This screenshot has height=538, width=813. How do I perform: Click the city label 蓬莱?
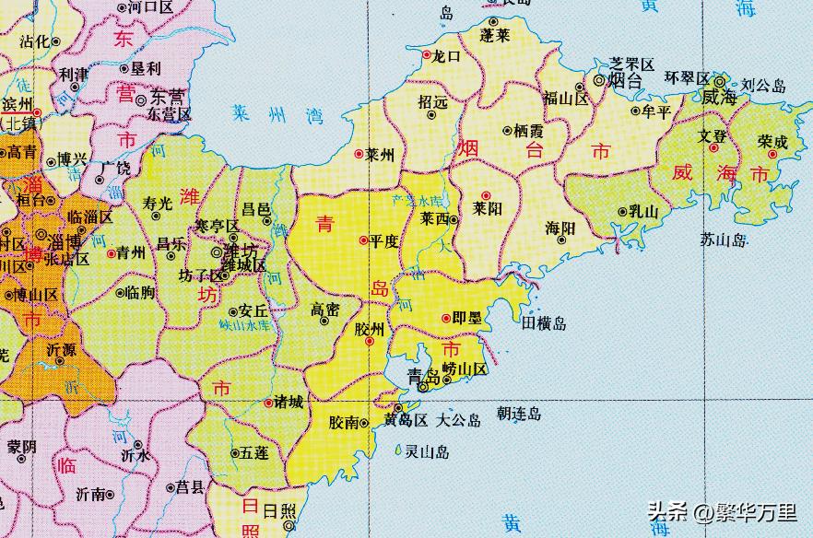click(x=495, y=34)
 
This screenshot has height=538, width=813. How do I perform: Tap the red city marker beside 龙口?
click(x=426, y=55)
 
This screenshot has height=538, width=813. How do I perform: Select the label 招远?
click(x=432, y=102)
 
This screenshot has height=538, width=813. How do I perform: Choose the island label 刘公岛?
click(x=765, y=86)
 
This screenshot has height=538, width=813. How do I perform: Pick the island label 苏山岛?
click(x=723, y=240)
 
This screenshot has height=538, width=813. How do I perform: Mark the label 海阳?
click(x=560, y=227)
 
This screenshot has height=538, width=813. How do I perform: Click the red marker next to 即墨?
click(x=446, y=319)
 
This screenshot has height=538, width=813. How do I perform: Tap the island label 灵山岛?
click(x=428, y=451)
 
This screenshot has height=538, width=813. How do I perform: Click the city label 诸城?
click(x=281, y=402)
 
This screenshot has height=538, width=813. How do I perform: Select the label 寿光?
click(x=159, y=204)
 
